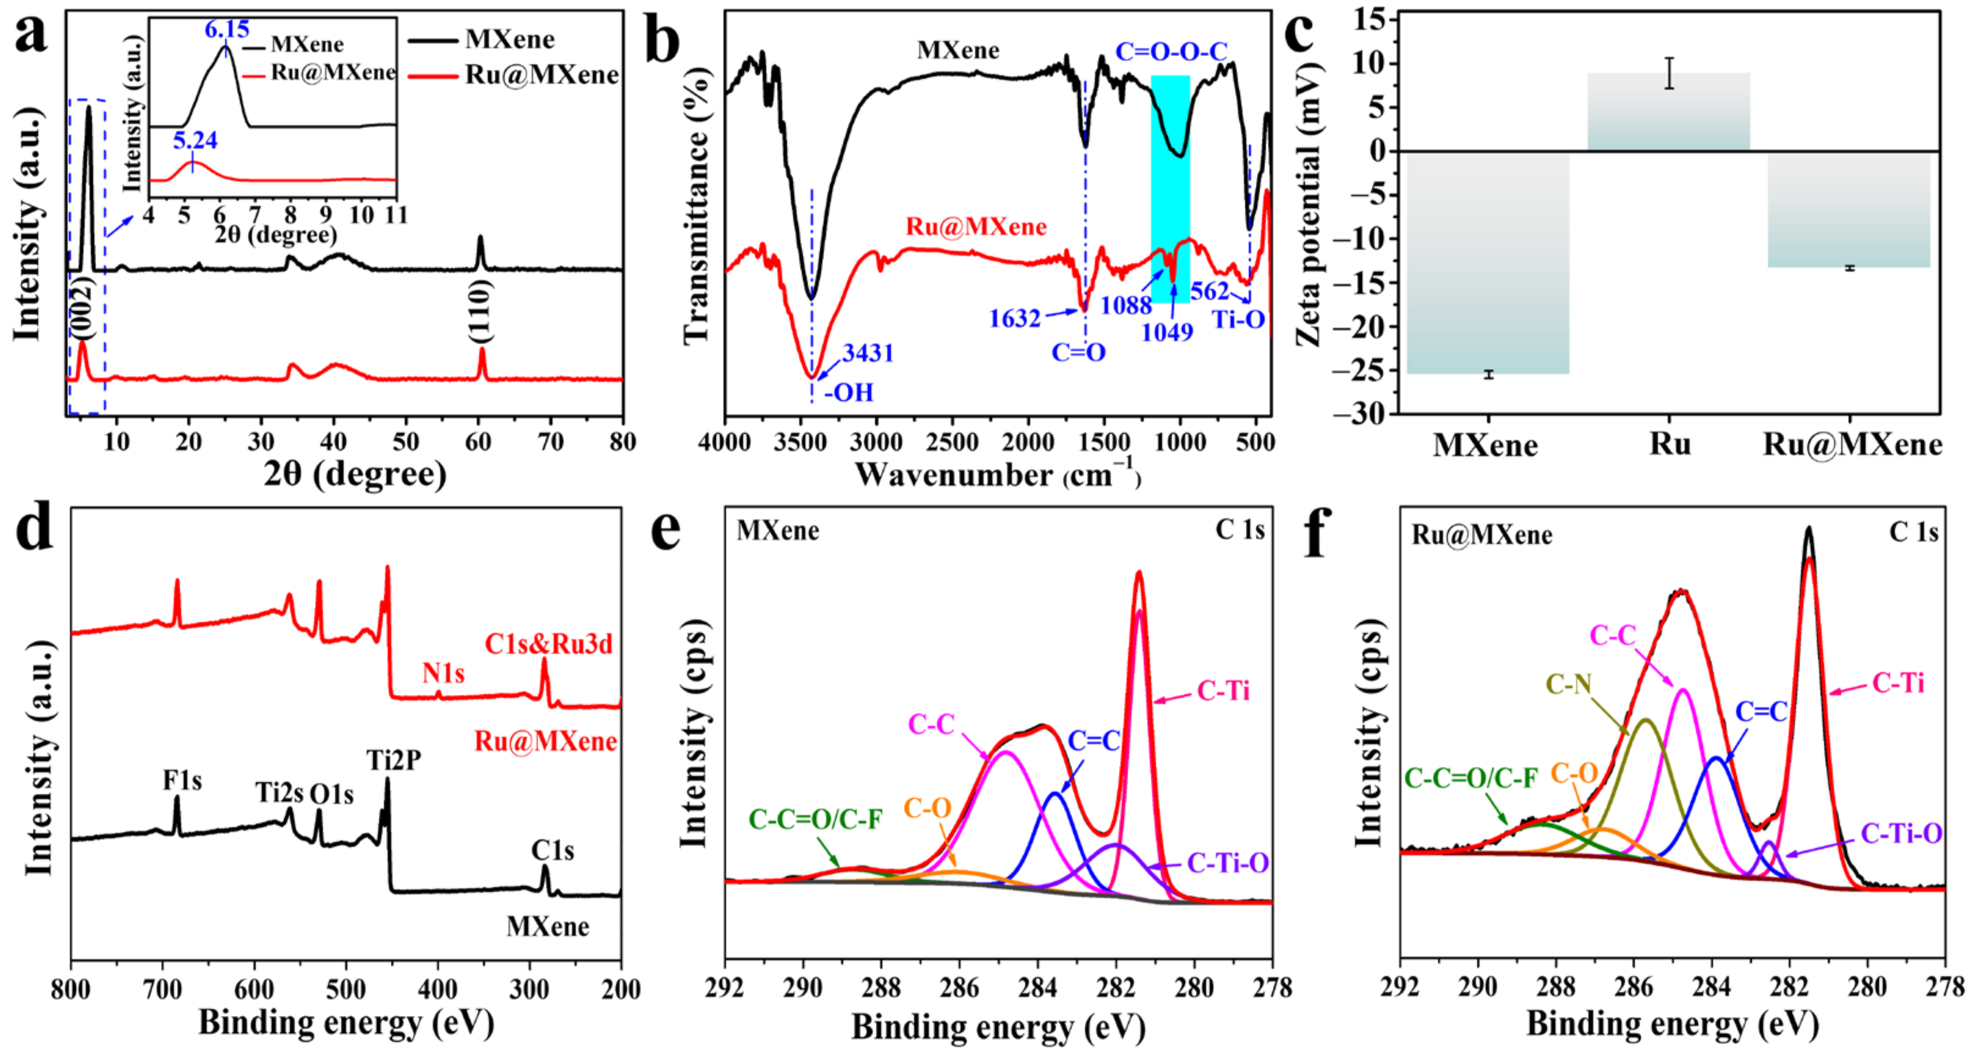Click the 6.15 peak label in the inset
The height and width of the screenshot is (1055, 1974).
click(227, 30)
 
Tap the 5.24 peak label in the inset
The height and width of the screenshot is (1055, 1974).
click(195, 140)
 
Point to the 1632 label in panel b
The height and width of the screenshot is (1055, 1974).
click(1014, 318)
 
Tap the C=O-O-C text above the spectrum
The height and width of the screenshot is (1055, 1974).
click(1171, 52)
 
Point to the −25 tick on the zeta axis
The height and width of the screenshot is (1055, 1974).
click(1366, 371)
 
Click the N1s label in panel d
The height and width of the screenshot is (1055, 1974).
click(443, 673)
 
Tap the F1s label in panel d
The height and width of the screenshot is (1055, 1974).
click(183, 781)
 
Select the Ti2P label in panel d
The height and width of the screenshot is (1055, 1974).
click(393, 760)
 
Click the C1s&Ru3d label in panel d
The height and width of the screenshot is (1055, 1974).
click(548, 644)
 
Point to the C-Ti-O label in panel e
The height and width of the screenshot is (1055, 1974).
click(1228, 863)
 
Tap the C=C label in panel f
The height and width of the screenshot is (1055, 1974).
click(1760, 712)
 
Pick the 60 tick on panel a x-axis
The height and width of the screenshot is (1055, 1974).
click(478, 442)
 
